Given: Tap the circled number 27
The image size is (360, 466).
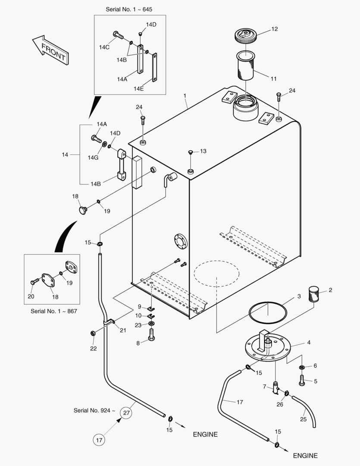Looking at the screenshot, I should (126, 413).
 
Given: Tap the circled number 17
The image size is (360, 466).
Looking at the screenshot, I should (99, 440).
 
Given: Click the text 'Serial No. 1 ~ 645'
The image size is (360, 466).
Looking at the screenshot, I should (129, 9).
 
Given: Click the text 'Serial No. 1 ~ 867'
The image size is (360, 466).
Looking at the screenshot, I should (53, 311).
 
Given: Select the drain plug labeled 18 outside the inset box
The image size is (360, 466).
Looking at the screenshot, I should (82, 210).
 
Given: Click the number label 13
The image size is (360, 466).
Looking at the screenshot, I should (203, 151).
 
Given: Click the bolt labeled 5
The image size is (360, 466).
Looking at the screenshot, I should (302, 381).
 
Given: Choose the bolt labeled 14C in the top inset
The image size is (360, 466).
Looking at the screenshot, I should (118, 34).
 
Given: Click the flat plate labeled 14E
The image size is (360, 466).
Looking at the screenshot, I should (155, 68).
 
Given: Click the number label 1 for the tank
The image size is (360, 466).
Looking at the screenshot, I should (185, 94).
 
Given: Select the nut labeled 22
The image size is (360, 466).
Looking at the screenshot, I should (92, 333).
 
